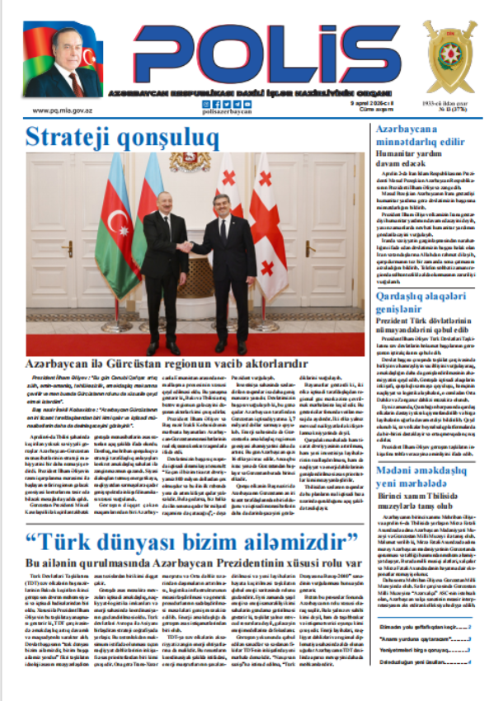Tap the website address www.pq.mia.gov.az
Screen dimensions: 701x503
coord(63,108)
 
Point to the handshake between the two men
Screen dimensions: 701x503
coord(187,246)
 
